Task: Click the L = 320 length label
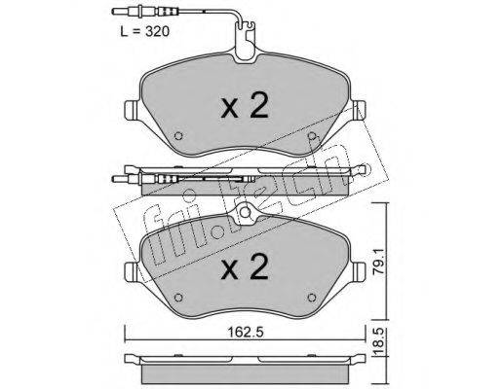pos(145,32)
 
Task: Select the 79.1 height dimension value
pos(380,262)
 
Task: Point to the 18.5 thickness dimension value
pos(380,343)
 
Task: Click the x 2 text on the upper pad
pos(245,105)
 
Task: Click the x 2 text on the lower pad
pos(245,266)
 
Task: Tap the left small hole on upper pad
pos(178,136)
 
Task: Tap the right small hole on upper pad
pos(312,136)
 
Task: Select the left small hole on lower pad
pos(178,298)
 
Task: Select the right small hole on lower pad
pos(312,298)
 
